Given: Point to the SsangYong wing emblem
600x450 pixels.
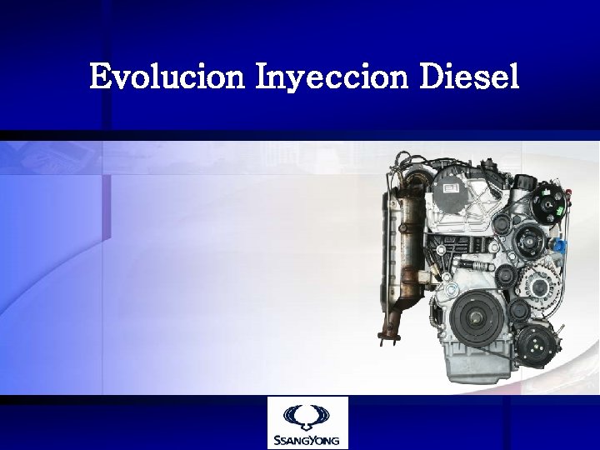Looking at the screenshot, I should pos(307,415).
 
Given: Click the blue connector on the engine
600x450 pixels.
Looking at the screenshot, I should pos(561,247).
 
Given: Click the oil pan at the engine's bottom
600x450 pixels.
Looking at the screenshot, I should pos(475,367).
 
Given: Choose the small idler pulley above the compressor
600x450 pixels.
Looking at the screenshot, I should pos(518,311).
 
